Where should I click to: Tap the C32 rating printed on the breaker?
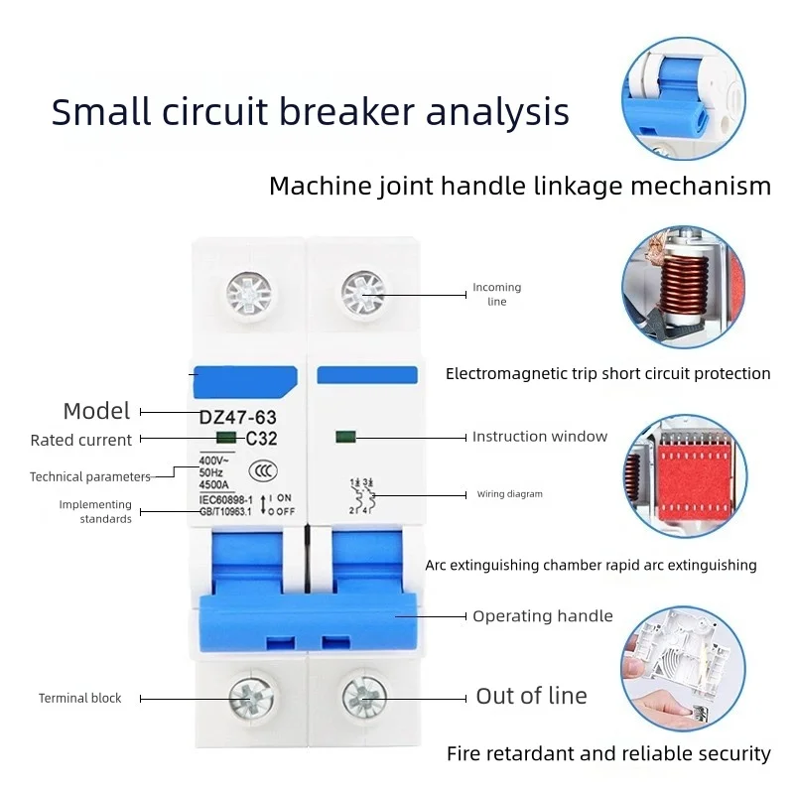(261, 438)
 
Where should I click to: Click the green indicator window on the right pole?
(345, 437)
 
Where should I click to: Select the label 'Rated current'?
(80, 440)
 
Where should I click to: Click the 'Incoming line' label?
(496, 294)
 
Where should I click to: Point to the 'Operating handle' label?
(542, 616)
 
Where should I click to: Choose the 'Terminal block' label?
(79, 699)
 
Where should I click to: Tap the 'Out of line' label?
(531, 697)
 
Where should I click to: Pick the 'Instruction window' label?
(539, 437)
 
